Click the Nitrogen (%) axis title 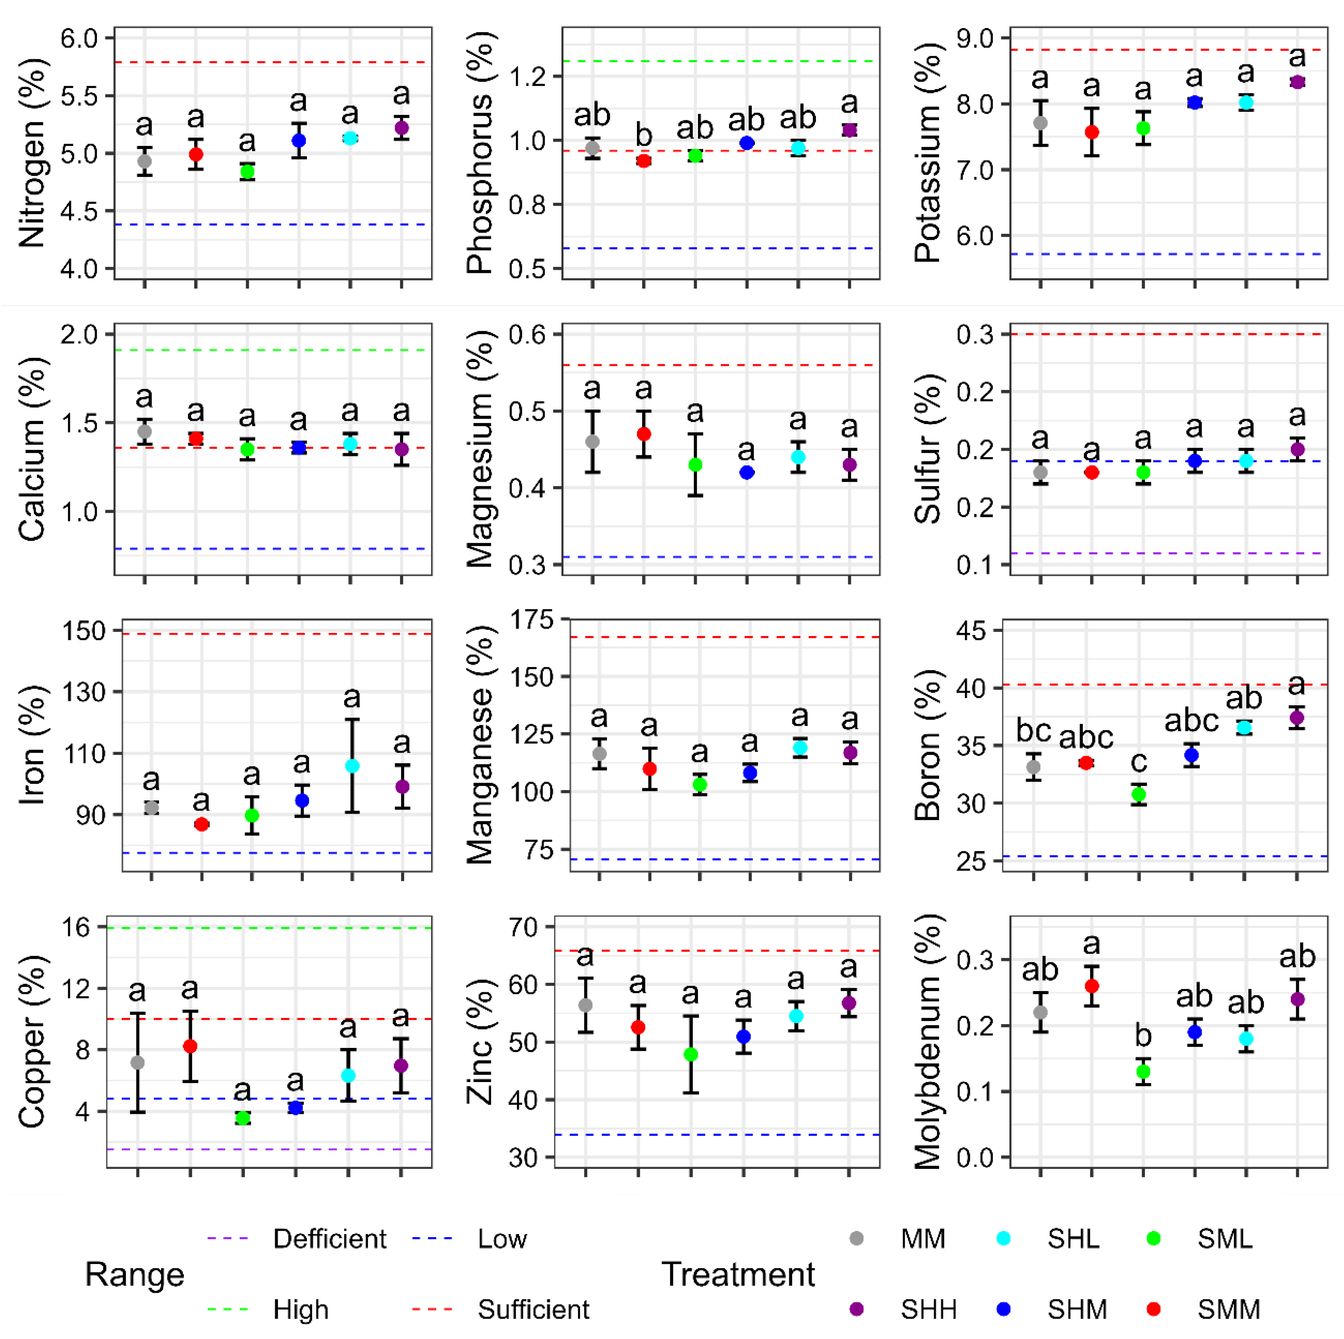(32, 153)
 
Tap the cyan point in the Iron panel (352, 766)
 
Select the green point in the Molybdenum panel (1143, 1072)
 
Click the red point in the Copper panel (190, 1046)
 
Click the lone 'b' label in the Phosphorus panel (644, 135)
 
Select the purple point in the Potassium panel (1297, 82)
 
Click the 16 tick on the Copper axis (77, 927)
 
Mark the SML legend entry (1224, 1239)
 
